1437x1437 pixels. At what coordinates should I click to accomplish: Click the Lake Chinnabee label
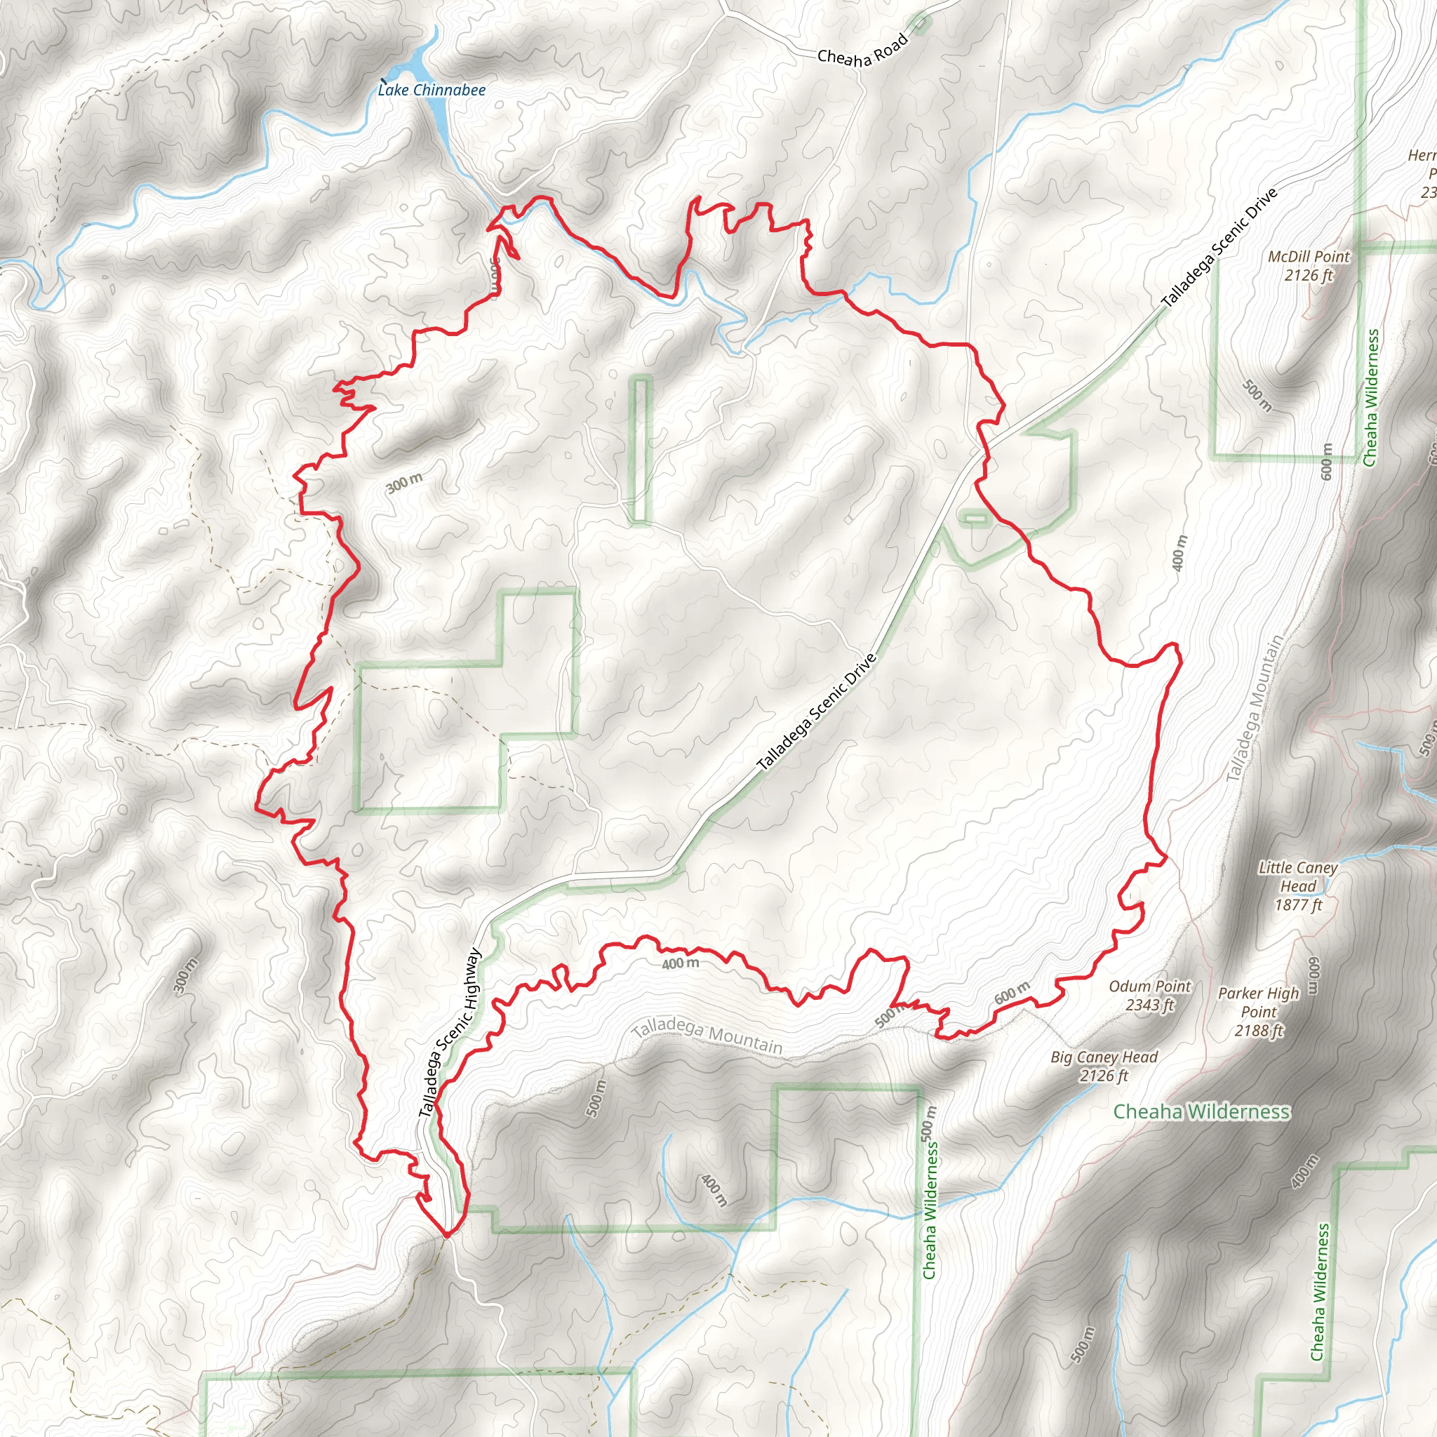pos(432,90)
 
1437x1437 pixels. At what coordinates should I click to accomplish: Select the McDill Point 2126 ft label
pos(1309,265)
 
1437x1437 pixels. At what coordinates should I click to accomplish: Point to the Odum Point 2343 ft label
pos(1150,995)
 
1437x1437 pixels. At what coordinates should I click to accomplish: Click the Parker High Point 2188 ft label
pos(1259,1012)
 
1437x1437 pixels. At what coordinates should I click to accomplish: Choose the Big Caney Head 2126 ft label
pos(1104,1066)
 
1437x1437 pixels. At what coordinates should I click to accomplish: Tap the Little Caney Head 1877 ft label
pos(1298,886)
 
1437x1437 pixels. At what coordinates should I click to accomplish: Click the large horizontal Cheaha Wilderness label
pos(1201,1111)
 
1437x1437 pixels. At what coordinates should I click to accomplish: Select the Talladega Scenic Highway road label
pos(450,1032)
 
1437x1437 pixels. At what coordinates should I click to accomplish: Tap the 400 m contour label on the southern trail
pos(680,964)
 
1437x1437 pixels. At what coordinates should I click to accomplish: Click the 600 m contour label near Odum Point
pos(1012,993)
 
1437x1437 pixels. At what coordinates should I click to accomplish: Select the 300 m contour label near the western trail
pos(405,483)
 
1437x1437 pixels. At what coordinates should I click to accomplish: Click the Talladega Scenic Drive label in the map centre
pos(817,711)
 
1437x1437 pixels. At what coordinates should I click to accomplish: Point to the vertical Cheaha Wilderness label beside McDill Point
pos(1372,398)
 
